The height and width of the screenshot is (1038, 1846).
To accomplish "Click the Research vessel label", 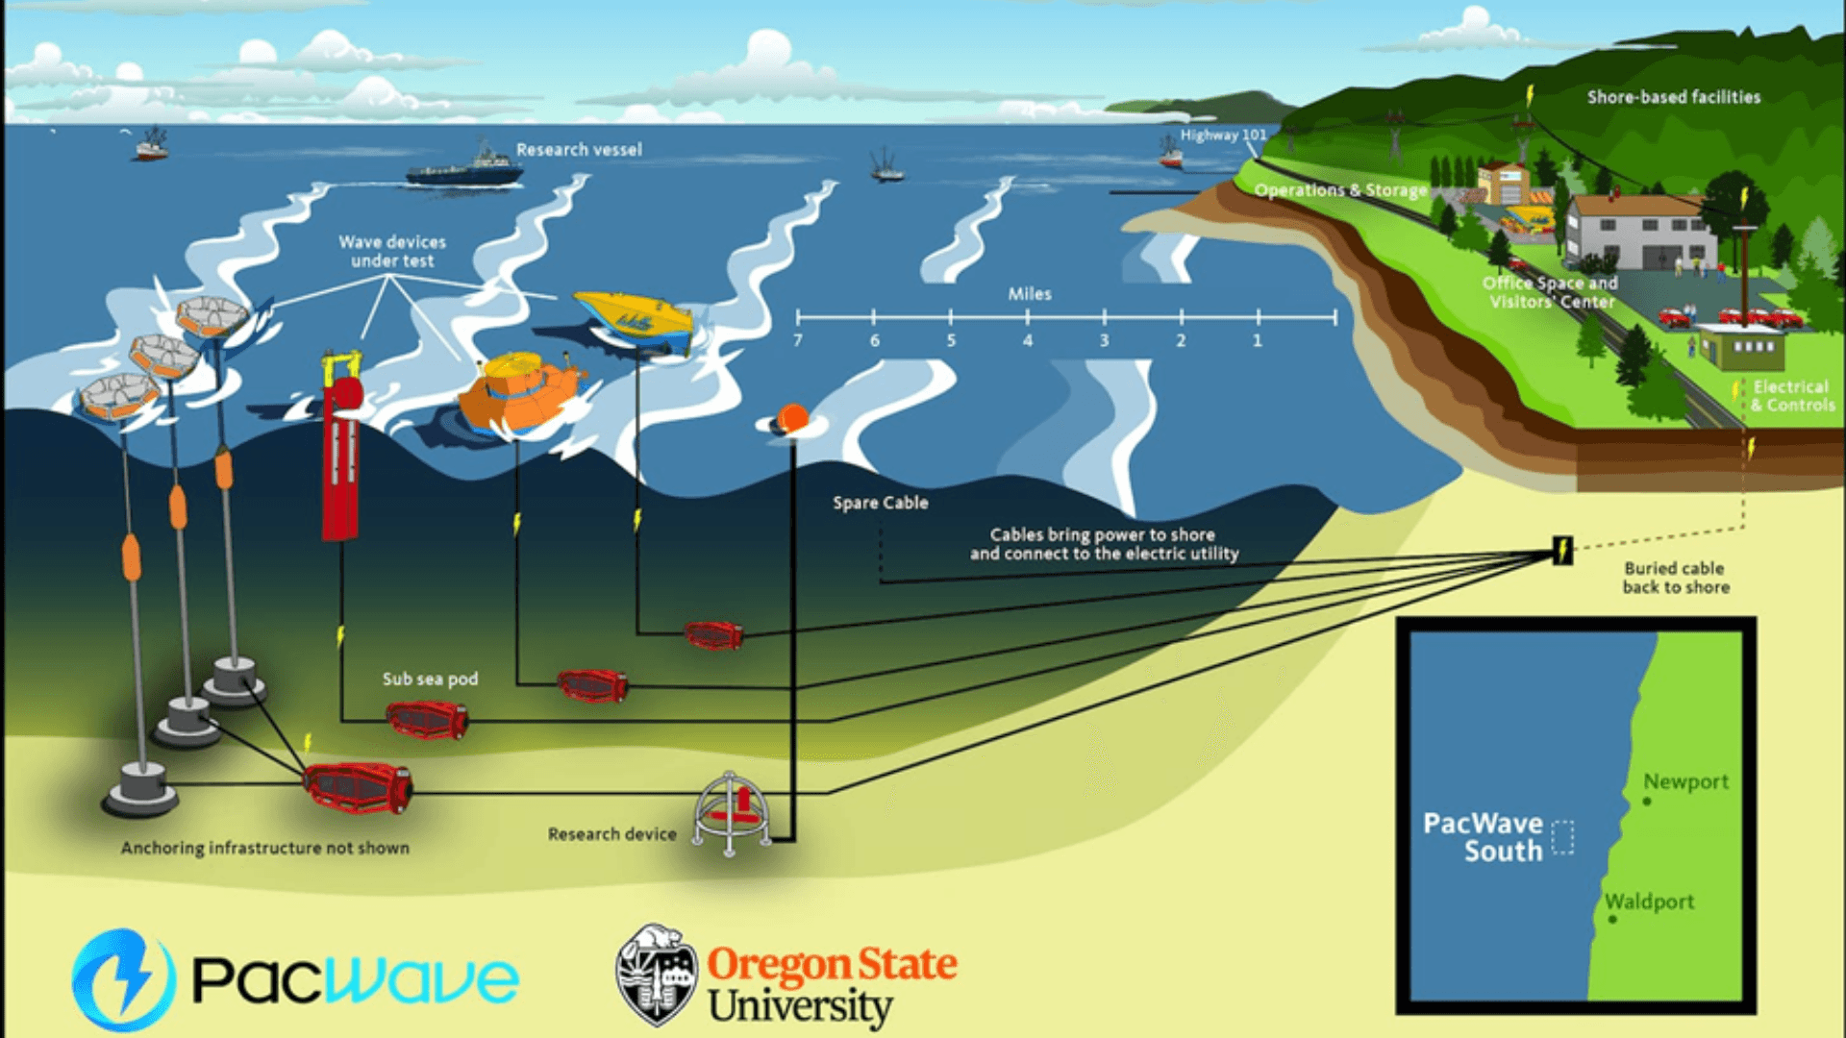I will click(579, 150).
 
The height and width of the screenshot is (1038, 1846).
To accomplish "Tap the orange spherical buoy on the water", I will click(791, 419).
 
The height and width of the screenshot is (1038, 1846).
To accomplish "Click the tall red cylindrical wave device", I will click(340, 452).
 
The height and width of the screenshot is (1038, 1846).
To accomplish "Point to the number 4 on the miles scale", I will click(1027, 341).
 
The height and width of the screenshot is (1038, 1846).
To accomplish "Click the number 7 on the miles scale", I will click(797, 341).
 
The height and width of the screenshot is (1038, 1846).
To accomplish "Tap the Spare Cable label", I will click(880, 503).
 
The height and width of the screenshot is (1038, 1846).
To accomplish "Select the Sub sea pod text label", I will click(430, 679).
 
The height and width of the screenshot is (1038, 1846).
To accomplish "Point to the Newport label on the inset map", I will click(1685, 781).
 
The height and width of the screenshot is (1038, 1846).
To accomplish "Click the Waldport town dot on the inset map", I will click(1612, 920).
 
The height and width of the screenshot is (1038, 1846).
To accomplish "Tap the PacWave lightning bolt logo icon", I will click(124, 979).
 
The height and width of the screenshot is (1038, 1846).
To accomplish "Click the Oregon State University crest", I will click(657, 976).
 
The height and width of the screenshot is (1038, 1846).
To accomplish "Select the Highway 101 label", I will click(1223, 136).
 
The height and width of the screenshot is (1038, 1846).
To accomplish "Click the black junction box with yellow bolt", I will click(1563, 551).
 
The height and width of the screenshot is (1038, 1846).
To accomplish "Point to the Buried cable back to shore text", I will click(1676, 578).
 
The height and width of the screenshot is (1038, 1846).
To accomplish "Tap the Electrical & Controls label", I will click(1792, 396).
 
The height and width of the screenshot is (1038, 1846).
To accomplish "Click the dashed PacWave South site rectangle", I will click(1563, 836).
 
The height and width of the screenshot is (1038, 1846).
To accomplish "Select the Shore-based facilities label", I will click(1674, 97).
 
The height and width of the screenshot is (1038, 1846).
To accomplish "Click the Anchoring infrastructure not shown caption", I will click(265, 848).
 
